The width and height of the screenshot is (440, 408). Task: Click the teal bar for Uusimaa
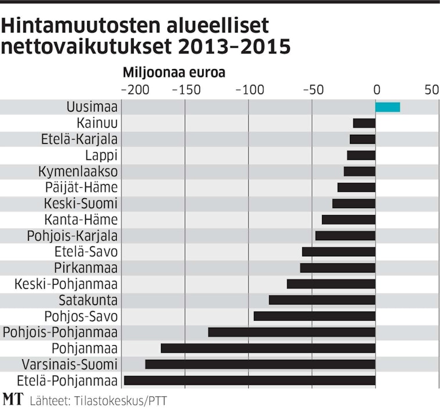(388, 107)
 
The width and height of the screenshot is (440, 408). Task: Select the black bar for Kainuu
(364, 123)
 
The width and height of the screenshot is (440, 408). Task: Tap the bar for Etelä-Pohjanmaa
(250, 381)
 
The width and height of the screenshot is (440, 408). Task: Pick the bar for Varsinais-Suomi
(260, 364)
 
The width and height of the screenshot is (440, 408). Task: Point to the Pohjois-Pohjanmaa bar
(292, 332)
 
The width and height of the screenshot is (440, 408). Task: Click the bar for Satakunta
(322, 300)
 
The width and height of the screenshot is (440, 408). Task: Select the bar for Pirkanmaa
(338, 268)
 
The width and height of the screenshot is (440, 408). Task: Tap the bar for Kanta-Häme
(349, 220)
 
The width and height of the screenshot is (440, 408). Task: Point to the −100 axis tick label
(249, 90)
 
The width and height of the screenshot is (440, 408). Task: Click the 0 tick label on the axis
(376, 90)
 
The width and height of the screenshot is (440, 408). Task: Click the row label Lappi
(102, 155)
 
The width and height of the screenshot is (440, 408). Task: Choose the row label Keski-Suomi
(81, 203)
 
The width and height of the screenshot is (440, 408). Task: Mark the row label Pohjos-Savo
(81, 316)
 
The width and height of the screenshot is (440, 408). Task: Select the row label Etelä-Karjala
(80, 139)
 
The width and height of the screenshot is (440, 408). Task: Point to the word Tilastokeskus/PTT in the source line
(123, 400)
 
